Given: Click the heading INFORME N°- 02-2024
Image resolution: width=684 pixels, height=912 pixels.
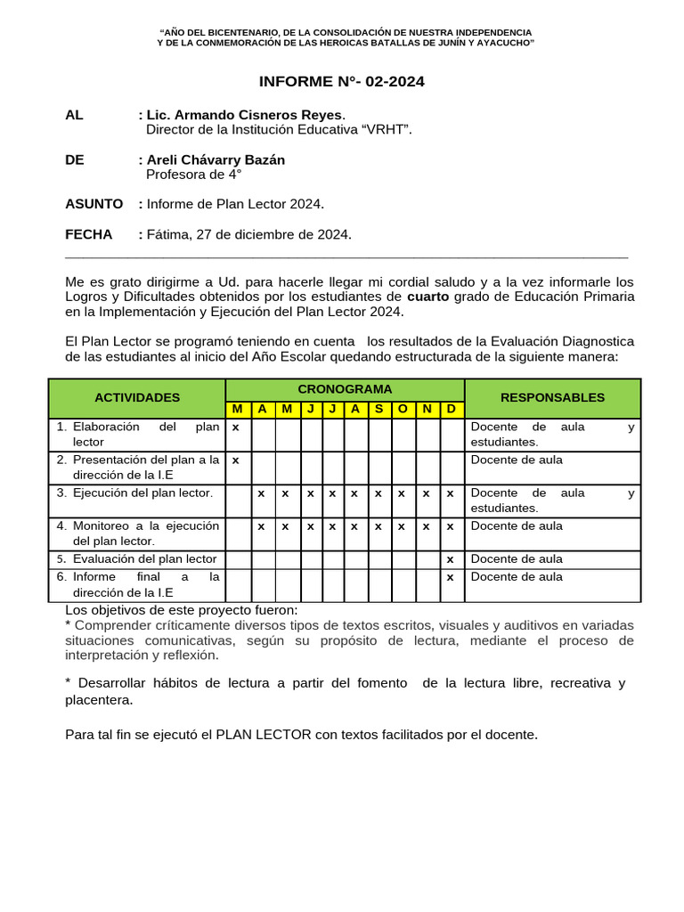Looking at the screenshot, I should pyautogui.click(x=341, y=82).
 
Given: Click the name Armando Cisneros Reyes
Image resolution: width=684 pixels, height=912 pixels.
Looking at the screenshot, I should pyautogui.click(x=257, y=115).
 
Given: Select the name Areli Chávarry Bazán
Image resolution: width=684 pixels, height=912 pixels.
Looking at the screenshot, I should pyautogui.click(x=216, y=159).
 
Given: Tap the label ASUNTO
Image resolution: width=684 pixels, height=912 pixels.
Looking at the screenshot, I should pyautogui.click(x=94, y=204).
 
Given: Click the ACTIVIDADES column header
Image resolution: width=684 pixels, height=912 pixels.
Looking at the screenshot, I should pyautogui.click(x=137, y=397).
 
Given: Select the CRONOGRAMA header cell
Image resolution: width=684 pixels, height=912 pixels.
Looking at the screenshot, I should pyautogui.click(x=345, y=389).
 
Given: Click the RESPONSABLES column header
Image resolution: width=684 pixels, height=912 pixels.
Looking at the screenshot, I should pyautogui.click(x=552, y=397).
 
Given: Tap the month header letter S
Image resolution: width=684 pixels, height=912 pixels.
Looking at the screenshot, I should pyautogui.click(x=379, y=409).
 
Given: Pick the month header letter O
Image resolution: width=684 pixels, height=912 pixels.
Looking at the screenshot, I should pyautogui.click(x=403, y=409).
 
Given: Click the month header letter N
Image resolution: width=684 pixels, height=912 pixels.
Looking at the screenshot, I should pyautogui.click(x=427, y=409).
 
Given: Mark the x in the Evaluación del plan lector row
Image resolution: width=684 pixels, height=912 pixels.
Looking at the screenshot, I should pyautogui.click(x=451, y=559).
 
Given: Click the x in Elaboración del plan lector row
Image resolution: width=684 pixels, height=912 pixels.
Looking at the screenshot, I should pyautogui.click(x=235, y=427).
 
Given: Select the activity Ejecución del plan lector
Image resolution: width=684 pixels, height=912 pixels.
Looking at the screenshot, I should pyautogui.click(x=142, y=493).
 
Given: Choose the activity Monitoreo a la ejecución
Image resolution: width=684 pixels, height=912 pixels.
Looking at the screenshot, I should pyautogui.click(x=145, y=525).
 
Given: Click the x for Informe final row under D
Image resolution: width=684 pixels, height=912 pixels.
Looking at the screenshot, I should pyautogui.click(x=451, y=577).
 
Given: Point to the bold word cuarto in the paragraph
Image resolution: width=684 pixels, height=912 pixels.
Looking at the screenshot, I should pyautogui.click(x=427, y=296).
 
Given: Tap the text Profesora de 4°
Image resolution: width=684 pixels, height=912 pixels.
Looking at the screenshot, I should pyautogui.click(x=194, y=175).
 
